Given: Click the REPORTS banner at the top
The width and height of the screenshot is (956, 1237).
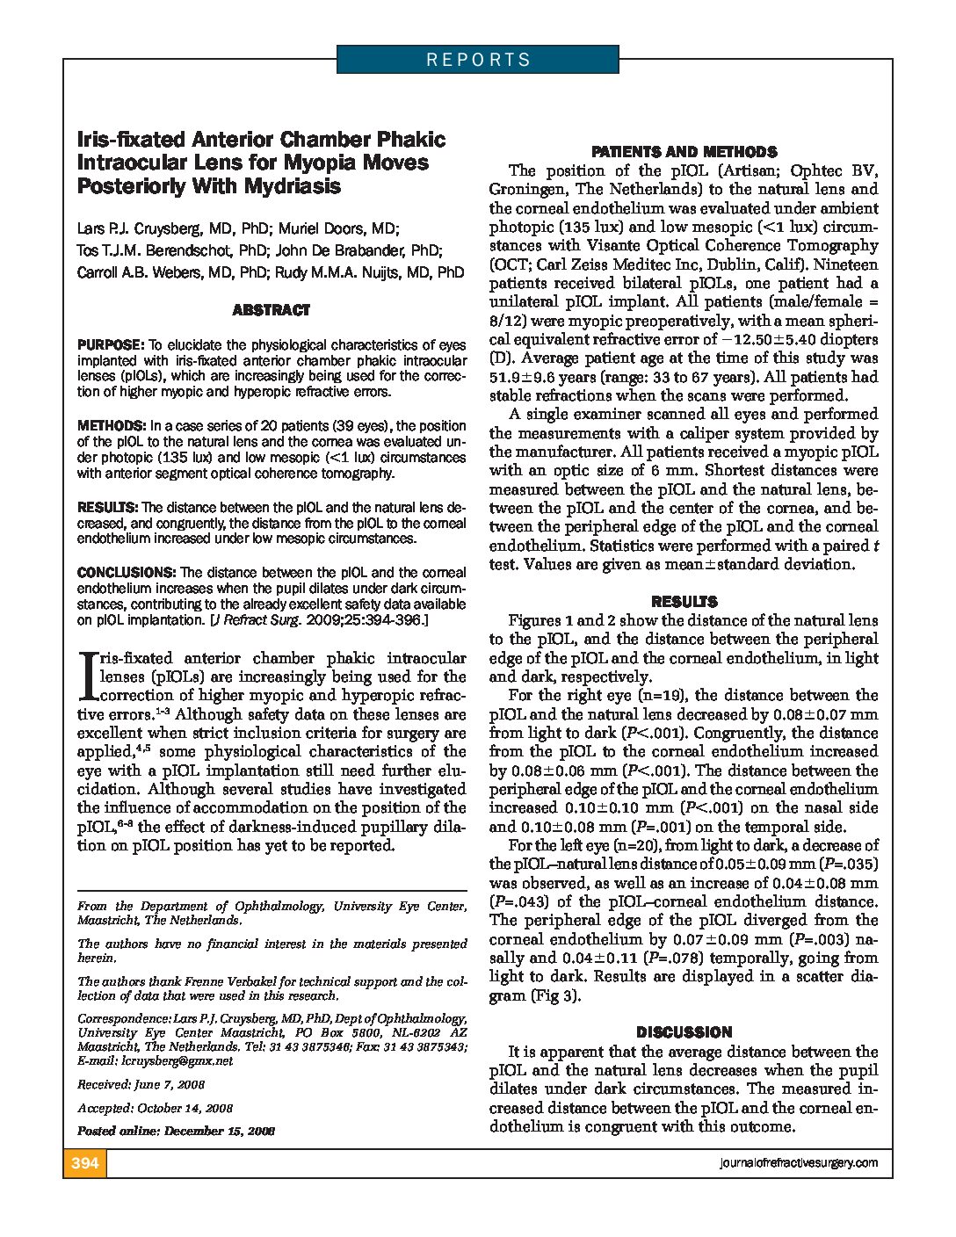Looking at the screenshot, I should [478, 60].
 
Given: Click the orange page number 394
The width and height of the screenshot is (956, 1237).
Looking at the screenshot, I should [84, 1163].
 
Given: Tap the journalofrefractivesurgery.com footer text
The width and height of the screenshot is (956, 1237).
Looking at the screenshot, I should [798, 1163].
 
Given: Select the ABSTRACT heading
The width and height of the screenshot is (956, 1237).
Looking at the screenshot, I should [272, 310].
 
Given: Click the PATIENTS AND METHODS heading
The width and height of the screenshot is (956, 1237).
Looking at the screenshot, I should [684, 152].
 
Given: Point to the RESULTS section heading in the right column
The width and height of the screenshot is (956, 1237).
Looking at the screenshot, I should [684, 602].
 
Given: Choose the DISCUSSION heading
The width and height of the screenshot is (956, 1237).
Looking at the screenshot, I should [684, 1032].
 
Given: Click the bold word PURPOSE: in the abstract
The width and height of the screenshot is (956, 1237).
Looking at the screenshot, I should [110, 345].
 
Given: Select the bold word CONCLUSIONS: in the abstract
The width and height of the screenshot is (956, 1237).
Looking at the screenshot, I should [127, 572].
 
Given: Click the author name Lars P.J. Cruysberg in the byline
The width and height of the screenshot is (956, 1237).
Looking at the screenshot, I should [134, 228].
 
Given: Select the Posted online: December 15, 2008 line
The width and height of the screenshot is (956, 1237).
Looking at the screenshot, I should [176, 1131].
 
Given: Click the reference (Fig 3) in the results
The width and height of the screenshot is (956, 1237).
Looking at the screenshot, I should [554, 995].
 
